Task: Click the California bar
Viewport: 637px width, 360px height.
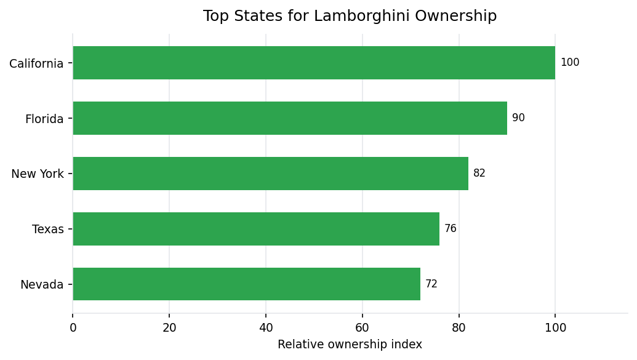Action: [x=314, y=63]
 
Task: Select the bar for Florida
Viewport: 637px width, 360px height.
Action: [x=290, y=118]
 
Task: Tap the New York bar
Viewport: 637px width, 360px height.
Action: [x=271, y=174]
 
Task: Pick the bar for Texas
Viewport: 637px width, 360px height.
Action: [x=256, y=229]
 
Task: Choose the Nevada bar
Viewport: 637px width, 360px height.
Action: [x=246, y=284]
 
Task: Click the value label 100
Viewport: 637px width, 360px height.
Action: [x=570, y=63]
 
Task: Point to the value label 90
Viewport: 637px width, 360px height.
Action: [x=518, y=118]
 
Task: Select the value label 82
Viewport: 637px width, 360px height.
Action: [x=479, y=174]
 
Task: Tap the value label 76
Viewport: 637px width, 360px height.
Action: [x=451, y=229]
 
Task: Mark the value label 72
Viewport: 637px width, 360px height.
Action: [x=431, y=284]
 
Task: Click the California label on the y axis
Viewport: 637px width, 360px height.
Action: [x=36, y=63]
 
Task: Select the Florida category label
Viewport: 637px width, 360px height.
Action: [x=44, y=119]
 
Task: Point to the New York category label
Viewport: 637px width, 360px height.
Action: [x=38, y=174]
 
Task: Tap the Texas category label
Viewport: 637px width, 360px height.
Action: [x=48, y=230]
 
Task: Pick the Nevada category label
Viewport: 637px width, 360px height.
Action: [x=42, y=285]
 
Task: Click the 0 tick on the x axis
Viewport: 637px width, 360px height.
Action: [x=73, y=328]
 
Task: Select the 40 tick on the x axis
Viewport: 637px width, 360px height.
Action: [x=266, y=328]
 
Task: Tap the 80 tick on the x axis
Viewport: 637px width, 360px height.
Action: [x=459, y=328]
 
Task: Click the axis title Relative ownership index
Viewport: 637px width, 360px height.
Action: [x=350, y=345]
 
